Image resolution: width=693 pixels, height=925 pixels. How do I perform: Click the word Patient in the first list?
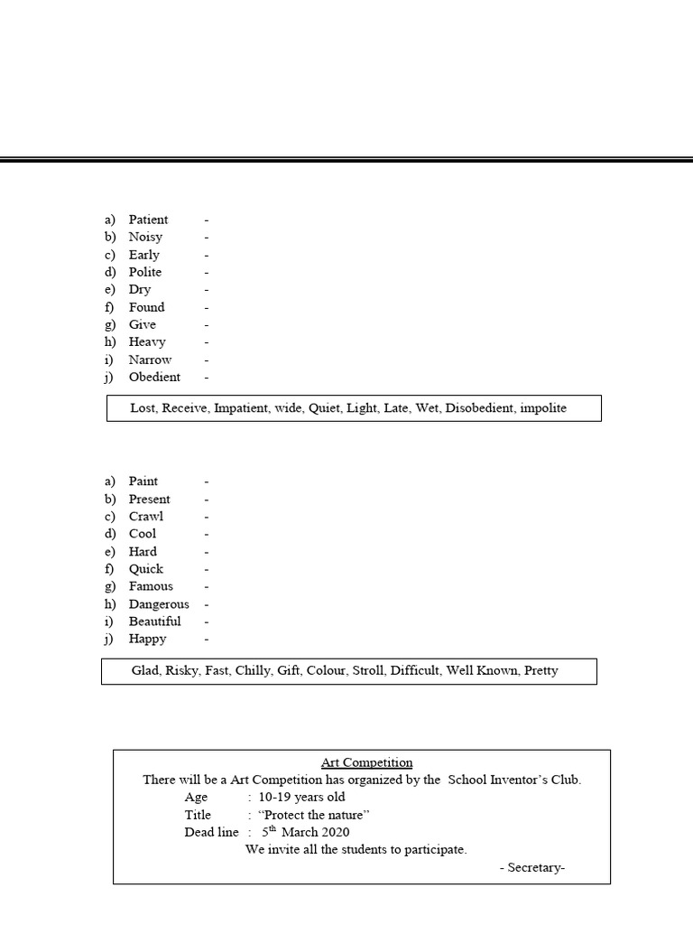(148, 220)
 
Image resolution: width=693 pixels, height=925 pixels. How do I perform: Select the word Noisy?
(145, 237)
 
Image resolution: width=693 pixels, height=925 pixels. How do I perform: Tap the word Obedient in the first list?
(154, 377)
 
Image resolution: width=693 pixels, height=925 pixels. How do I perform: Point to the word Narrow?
(150, 360)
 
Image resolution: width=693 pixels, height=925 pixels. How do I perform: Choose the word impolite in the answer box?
(543, 407)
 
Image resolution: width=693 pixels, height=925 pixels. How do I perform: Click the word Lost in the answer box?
(143, 407)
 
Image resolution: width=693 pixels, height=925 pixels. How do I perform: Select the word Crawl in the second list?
(146, 516)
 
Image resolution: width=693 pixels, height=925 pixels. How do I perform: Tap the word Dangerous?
(159, 603)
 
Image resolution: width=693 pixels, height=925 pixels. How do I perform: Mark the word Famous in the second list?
(151, 586)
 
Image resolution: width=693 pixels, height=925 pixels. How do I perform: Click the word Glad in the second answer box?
(144, 670)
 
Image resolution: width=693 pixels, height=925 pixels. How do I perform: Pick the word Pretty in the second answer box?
(540, 670)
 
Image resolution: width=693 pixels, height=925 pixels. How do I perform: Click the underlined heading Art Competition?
(366, 762)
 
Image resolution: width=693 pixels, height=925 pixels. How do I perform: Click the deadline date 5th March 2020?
(305, 832)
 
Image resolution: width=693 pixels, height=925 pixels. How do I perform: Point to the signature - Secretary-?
(532, 867)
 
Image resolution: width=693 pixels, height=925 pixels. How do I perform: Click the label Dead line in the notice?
(211, 832)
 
